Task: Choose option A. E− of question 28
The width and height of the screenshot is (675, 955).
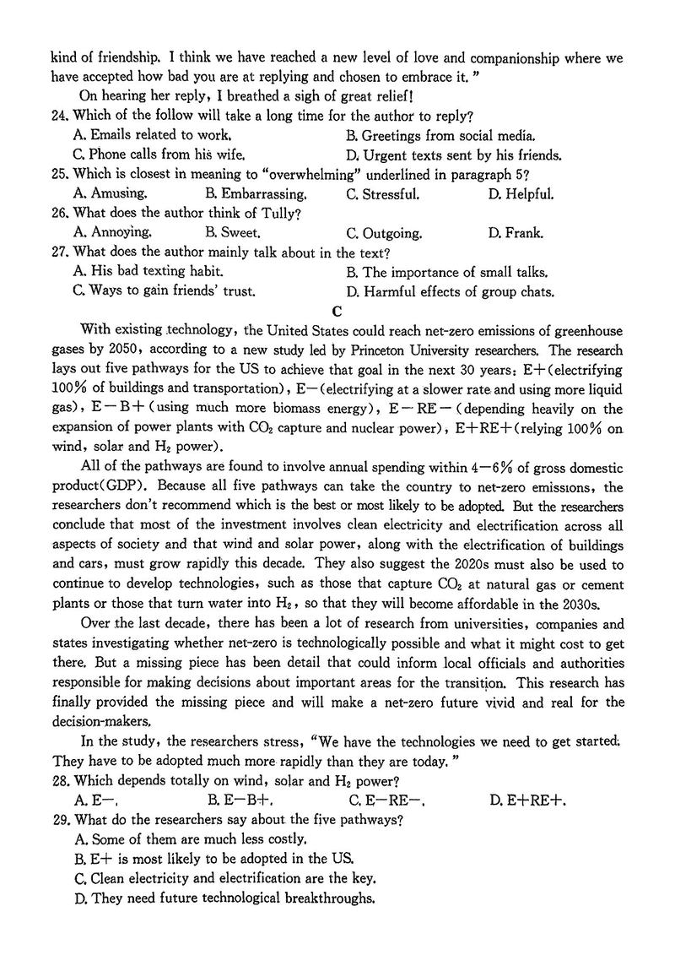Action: coord(100,800)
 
